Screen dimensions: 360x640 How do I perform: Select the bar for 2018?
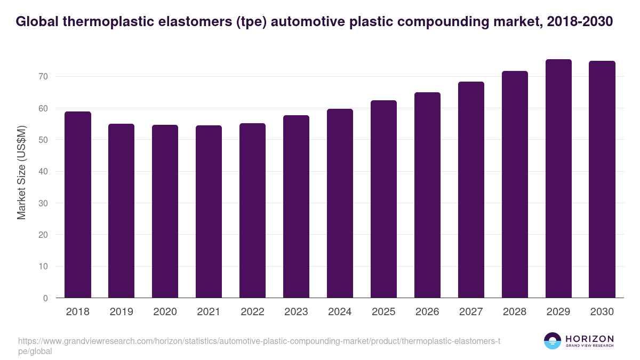tap(77, 205)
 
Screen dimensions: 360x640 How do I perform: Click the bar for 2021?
tap(209, 212)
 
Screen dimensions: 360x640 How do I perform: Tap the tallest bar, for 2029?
tap(558, 179)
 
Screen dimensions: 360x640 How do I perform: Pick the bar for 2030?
tap(602, 179)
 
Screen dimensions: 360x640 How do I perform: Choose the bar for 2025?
tap(383, 199)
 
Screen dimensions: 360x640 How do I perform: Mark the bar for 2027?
tap(471, 190)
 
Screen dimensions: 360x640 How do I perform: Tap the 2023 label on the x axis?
tap(296, 312)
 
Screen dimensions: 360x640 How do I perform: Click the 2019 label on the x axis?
tap(121, 312)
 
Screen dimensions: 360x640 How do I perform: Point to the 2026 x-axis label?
tap(427, 312)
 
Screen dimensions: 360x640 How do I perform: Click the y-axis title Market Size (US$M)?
tap(22, 172)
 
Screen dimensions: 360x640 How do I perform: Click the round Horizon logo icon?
tap(553, 341)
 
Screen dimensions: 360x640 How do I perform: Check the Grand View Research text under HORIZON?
tap(589, 346)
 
